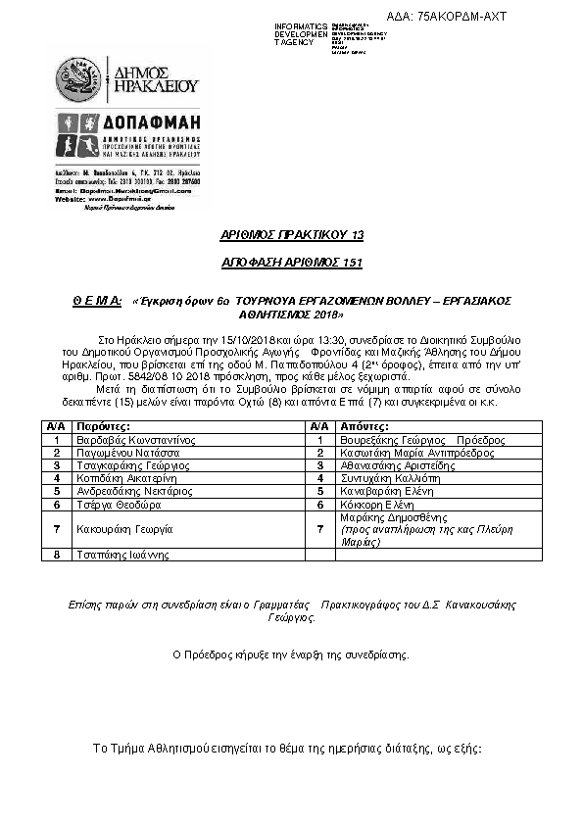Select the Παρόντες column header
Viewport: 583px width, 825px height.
pyautogui.click(x=103, y=428)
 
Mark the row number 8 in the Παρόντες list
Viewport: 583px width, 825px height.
pyautogui.click(x=57, y=555)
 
